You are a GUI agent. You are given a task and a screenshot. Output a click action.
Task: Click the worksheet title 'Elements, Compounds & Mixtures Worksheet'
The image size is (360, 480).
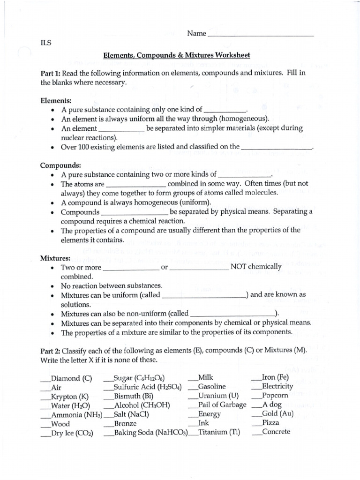[x=177, y=55]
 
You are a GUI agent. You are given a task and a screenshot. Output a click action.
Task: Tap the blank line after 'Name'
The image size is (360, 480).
[x=260, y=35]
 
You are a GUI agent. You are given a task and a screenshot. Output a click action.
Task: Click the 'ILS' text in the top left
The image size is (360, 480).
[x=46, y=43]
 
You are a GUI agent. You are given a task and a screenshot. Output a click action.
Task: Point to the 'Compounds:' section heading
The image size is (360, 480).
[x=60, y=165]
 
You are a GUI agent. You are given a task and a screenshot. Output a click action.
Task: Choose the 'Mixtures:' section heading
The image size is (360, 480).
[x=55, y=258]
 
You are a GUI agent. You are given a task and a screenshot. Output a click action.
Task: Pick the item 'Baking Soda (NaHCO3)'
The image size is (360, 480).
[x=150, y=433]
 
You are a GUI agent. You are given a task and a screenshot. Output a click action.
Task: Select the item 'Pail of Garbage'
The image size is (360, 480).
[x=222, y=405]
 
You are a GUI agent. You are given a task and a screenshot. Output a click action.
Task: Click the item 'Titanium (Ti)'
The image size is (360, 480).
[x=219, y=432]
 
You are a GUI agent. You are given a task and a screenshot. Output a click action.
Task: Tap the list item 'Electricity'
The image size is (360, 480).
[x=277, y=387]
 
